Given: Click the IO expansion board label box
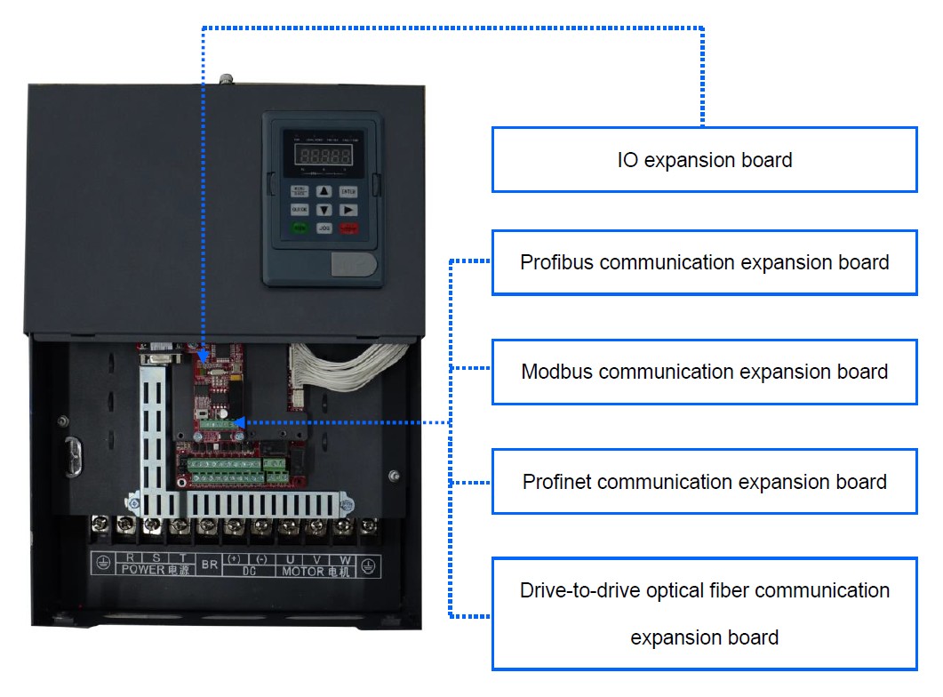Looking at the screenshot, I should pyautogui.click(x=704, y=160).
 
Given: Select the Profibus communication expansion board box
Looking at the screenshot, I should pyautogui.click(x=704, y=263).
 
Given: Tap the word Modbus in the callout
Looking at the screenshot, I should pyautogui.click(x=557, y=372).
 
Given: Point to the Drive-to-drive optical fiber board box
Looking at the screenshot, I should pyautogui.click(x=704, y=613).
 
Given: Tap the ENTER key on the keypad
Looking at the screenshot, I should pyautogui.click(x=348, y=191).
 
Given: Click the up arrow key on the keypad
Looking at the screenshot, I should pyautogui.click(x=324, y=191).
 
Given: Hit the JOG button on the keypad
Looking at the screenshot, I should pyautogui.click(x=324, y=228).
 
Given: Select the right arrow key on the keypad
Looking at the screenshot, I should pyautogui.click(x=348, y=210).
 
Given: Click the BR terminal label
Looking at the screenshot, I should pyautogui.click(x=210, y=564).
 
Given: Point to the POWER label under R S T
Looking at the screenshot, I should pyautogui.click(x=142, y=571).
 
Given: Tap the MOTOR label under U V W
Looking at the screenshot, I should pyautogui.click(x=303, y=572).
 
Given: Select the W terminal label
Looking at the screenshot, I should pyautogui.click(x=346, y=558).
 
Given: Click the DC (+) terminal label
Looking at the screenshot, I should pyautogui.click(x=235, y=558).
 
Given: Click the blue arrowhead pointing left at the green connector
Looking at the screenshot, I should pyautogui.click(x=241, y=423).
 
